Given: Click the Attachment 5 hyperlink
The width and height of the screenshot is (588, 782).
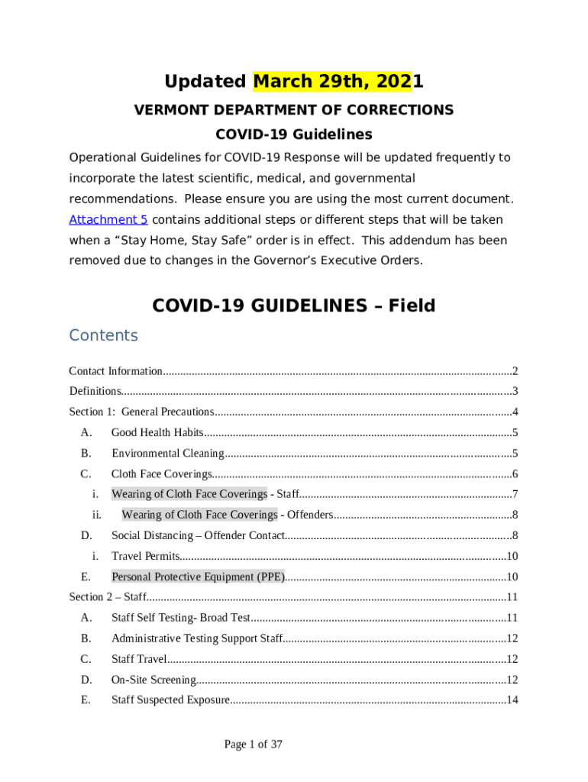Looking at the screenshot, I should tap(108, 219).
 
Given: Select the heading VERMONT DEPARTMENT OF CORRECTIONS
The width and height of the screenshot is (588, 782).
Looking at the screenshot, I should tap(293, 110).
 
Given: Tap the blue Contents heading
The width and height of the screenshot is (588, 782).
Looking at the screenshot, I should tap(103, 335).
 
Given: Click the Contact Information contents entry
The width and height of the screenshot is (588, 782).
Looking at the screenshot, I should tap(115, 371).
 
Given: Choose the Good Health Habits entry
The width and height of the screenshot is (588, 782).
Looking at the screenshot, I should tap(157, 432).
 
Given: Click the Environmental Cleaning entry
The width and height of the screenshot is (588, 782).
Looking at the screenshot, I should tap(167, 453).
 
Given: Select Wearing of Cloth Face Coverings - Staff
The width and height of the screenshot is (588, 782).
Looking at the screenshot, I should tap(205, 493).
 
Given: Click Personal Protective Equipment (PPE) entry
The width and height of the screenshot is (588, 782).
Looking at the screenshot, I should tap(198, 577).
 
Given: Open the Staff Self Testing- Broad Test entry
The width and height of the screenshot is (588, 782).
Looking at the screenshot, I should tap(180, 618).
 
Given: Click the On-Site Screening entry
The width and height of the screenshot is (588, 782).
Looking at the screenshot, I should tap(153, 680).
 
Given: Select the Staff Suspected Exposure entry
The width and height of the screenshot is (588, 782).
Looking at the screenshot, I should tap(170, 700).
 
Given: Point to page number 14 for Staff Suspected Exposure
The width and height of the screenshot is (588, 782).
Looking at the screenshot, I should tap(512, 700).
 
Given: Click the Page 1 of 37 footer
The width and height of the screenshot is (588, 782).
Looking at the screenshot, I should tap(253, 744).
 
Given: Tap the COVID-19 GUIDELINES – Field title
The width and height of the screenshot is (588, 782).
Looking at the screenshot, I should tap(293, 305).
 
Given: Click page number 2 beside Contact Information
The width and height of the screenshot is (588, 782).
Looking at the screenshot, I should tap(515, 371).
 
